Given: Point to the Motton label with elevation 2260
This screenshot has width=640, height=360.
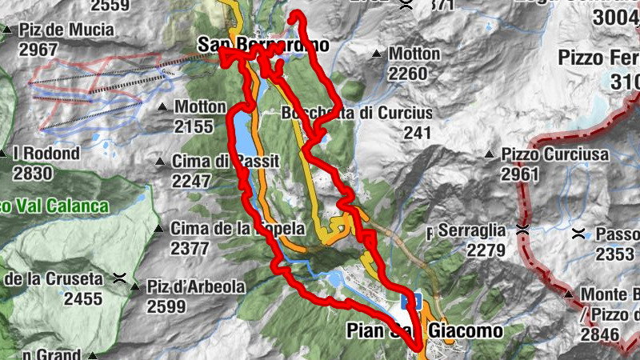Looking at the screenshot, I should point(414,54).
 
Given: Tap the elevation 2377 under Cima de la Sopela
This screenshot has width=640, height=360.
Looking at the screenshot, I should point(190,248).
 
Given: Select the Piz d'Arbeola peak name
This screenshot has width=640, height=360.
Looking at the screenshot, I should point(197,286).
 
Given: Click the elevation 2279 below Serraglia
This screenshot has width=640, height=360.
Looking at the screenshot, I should point(485,250).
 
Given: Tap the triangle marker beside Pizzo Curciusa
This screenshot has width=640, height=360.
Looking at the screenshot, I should point(489,154).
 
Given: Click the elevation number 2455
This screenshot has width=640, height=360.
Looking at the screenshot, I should point(84,298).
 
